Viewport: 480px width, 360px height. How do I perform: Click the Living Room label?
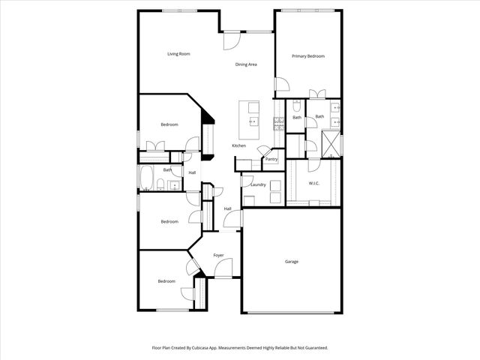pyautogui.click(x=178, y=54)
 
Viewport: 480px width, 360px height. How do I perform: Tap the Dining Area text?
pyautogui.click(x=247, y=64)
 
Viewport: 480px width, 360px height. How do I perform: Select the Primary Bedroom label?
pyautogui.click(x=307, y=56)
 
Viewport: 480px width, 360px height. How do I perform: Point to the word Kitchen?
pyautogui.click(x=238, y=145)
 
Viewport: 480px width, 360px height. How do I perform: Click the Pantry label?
pyautogui.click(x=271, y=159)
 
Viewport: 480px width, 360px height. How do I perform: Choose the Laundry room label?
pyautogui.click(x=259, y=184)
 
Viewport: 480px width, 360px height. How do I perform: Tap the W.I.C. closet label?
pyautogui.click(x=314, y=184)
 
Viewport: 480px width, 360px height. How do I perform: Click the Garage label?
pyautogui.click(x=292, y=262)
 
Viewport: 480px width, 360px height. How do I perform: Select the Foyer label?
pyautogui.click(x=218, y=256)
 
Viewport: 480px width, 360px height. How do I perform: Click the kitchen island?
pyautogui.click(x=249, y=118)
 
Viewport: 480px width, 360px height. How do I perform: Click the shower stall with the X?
pyautogui.click(x=331, y=142)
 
